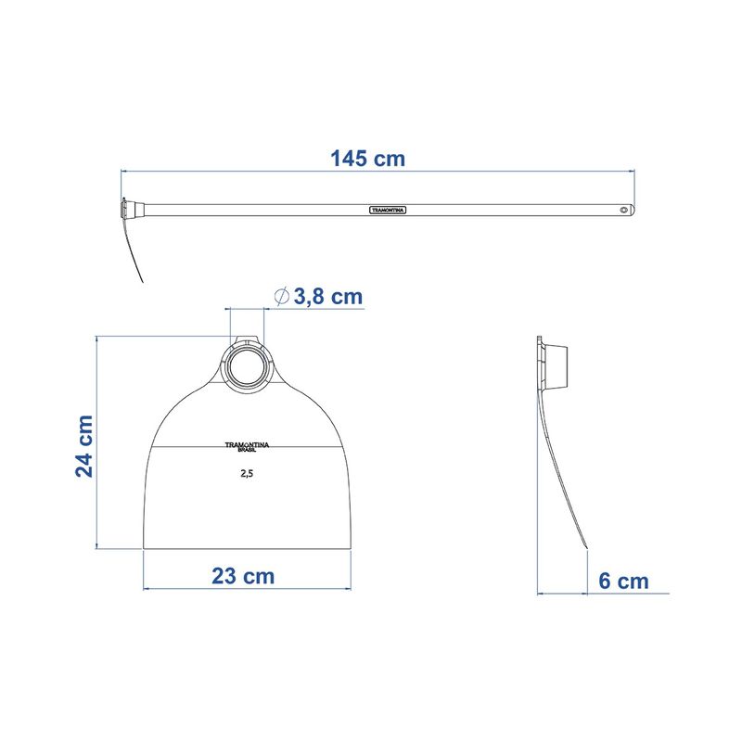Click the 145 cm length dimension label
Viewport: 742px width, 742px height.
click(x=367, y=159)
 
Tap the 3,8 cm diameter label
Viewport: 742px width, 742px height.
click(x=328, y=297)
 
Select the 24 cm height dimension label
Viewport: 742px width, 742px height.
click(x=84, y=446)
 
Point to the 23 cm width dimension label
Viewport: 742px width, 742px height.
click(x=243, y=576)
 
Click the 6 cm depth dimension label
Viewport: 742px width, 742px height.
click(x=623, y=582)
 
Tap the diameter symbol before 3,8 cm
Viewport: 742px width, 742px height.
click(x=282, y=297)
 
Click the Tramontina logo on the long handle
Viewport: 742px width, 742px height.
click(x=388, y=210)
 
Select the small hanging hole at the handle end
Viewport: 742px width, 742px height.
click(x=624, y=210)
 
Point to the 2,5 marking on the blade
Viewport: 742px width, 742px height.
click(x=247, y=473)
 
